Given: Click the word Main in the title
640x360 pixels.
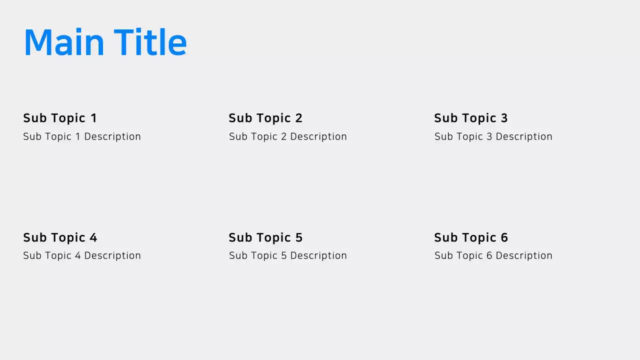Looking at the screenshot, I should coord(64,42).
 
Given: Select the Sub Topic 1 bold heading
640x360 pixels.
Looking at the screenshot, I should coord(60,118).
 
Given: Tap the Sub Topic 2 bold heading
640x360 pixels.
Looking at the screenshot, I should coord(265,118).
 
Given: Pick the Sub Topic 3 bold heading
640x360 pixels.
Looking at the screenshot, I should coord(471,118).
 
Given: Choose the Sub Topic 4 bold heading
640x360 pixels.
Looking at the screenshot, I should coord(60,237).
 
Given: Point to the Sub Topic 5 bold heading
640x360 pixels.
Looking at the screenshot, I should coord(265,237).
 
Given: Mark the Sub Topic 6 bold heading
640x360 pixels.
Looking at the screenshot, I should coord(471,237).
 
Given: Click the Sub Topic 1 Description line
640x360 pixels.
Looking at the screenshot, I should coord(82,136).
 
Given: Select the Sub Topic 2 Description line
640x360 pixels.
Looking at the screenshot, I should coord(288,136).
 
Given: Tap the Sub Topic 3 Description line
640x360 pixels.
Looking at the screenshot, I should coord(493,136).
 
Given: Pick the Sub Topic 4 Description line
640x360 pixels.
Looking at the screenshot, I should coord(82,255).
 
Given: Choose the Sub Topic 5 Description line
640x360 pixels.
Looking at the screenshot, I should coord(288,255).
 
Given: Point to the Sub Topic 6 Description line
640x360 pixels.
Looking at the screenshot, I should coord(493,255).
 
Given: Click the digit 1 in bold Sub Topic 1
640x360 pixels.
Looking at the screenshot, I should coord(93,118).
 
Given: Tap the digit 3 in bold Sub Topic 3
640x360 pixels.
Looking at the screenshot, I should coord(504,118).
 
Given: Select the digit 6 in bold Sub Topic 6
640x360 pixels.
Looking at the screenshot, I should coord(504,237).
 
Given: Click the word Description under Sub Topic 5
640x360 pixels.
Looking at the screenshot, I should coord(318,255).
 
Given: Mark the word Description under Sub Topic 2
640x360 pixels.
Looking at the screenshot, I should coord(318,136).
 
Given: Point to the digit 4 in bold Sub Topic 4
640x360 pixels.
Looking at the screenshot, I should coord(93,237).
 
